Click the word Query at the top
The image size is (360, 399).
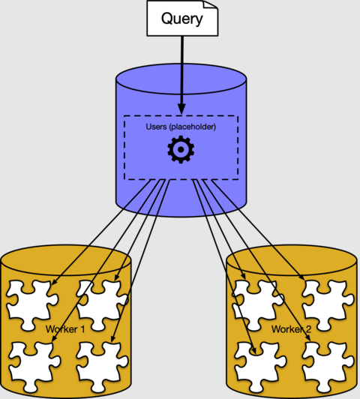click(182, 18)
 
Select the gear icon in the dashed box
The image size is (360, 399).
click(180, 151)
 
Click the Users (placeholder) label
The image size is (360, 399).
click(181, 127)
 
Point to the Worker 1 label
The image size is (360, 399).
click(66, 328)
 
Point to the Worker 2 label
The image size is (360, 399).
click(291, 328)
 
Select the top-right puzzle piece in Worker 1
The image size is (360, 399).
click(103, 300)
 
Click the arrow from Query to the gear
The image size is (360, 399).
click(181, 75)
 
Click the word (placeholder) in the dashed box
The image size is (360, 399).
click(193, 127)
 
